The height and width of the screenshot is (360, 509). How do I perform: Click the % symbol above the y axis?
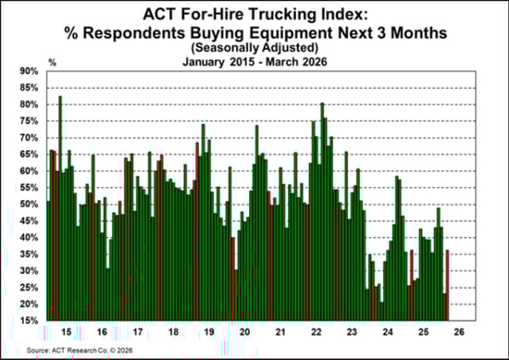coord(54,63)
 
